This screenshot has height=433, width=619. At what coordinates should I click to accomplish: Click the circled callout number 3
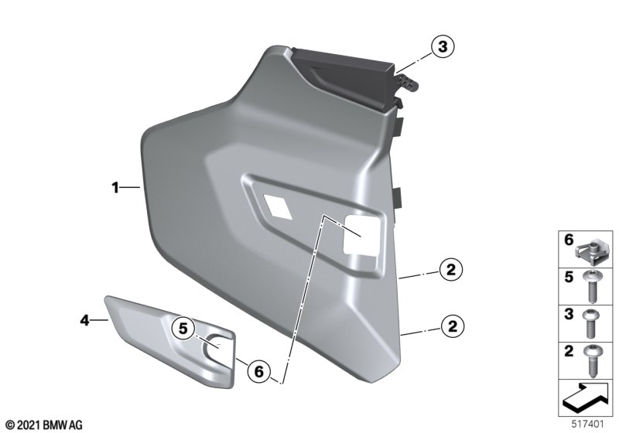click(x=443, y=46)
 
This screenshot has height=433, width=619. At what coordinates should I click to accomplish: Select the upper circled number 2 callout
click(x=451, y=270)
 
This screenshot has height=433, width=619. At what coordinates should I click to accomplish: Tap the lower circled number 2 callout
click(x=453, y=326)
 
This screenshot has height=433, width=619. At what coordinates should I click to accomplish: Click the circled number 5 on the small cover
click(x=183, y=328)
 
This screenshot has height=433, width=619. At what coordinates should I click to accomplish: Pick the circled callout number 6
click(x=258, y=371)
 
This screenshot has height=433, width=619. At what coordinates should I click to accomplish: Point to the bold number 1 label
click(x=115, y=187)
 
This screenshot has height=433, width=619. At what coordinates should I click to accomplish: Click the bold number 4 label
click(x=85, y=320)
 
